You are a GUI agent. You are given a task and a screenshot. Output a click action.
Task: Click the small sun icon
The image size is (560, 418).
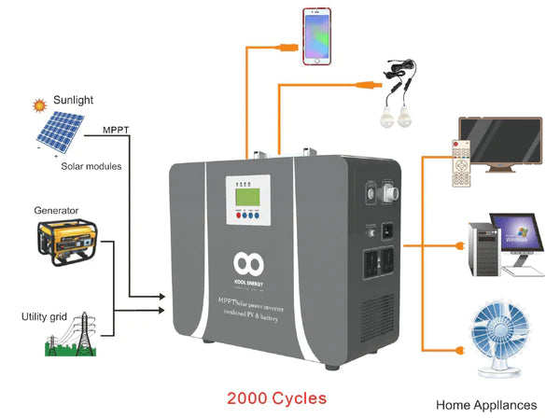pos(40,105)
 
